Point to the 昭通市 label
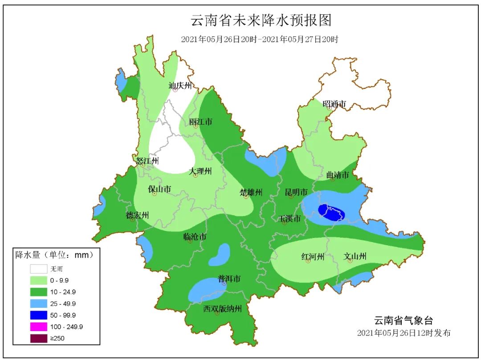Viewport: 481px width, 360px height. click(334, 104)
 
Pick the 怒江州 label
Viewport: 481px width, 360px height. click(147, 161)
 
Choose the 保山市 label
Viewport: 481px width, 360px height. click(159, 189)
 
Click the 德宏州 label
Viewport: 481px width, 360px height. click(137, 215)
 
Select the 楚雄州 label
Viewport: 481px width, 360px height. click(251, 192)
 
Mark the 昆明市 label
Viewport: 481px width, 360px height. click(296, 192)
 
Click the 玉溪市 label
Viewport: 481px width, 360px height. click(289, 218)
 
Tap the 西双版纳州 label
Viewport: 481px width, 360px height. click(222, 308)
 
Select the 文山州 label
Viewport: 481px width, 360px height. click(355, 256)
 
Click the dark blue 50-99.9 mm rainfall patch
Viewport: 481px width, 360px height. click(332, 213)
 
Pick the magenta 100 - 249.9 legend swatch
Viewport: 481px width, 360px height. click(38, 327)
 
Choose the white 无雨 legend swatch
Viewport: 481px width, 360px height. click(38, 269)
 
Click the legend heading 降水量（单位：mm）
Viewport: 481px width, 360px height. click(54, 255)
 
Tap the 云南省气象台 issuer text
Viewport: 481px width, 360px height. click(403, 320)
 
